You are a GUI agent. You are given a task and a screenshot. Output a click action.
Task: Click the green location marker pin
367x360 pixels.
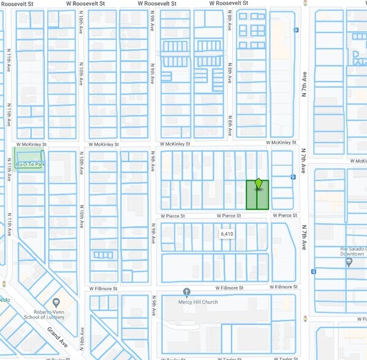click(x=259, y=184)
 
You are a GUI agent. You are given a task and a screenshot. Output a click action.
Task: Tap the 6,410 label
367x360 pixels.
click(x=227, y=234)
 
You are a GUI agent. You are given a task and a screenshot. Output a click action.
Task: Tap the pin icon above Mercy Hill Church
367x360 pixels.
click(x=186, y=292)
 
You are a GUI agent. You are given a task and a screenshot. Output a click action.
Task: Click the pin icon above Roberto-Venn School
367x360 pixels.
click(x=56, y=302)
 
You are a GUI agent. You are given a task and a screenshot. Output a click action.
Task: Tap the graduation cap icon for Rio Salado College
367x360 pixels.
click(x=349, y=262)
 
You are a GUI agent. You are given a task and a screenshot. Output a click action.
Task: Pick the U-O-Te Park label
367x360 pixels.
click(x=30, y=165)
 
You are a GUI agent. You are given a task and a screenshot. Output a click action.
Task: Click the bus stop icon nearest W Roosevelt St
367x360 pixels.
click(x=296, y=29)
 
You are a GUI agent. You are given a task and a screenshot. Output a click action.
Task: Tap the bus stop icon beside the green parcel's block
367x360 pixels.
click(x=293, y=178)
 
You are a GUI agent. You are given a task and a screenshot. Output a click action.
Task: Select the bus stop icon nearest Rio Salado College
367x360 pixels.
click(x=313, y=271)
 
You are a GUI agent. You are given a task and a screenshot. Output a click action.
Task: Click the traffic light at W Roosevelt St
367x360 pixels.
click(x=305, y=3)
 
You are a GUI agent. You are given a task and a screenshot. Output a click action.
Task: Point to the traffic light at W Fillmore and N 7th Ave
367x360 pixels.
click(x=305, y=286)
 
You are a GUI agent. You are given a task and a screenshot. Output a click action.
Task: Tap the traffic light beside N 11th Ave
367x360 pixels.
click(x=5, y=284)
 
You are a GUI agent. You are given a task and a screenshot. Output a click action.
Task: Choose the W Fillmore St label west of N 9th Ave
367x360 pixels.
click(x=102, y=288)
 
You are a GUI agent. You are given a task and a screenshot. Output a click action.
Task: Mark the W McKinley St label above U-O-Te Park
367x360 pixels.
click(x=31, y=144)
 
